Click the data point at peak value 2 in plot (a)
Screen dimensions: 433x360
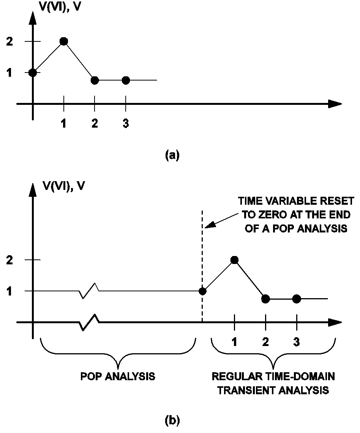[x=64, y=41]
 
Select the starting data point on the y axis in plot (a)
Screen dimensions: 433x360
[x=33, y=72]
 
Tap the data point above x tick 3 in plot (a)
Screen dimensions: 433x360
[x=126, y=80]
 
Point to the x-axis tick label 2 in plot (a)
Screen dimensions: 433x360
[x=95, y=124]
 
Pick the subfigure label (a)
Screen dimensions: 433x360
[x=172, y=155]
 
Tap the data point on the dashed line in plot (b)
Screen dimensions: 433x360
[x=202, y=291]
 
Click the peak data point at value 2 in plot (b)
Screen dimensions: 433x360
[x=234, y=260]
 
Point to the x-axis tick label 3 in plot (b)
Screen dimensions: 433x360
[x=297, y=342]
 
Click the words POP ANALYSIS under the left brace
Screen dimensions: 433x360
[x=118, y=377]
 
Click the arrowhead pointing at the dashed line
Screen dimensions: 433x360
[x=210, y=224]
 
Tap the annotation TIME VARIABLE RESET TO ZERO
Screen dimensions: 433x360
[x=296, y=215]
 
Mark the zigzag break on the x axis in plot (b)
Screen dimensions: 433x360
[x=90, y=322]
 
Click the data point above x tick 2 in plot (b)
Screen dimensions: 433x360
[x=265, y=299]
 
